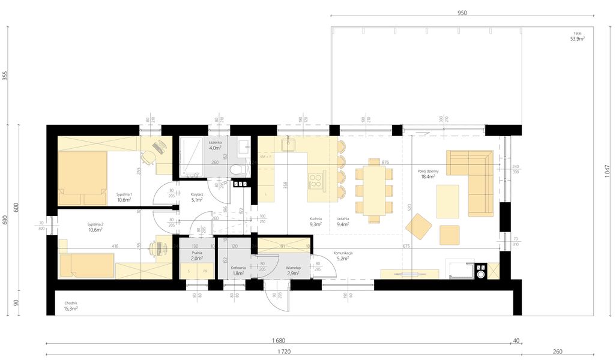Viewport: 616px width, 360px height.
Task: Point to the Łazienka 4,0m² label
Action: [215, 145]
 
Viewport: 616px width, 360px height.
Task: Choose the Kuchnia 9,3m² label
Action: [316, 222]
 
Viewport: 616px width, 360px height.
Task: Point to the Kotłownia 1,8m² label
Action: [238, 271]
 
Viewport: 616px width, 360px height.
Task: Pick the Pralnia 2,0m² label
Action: [196, 256]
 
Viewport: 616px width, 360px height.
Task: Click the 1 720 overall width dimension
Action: [284, 350]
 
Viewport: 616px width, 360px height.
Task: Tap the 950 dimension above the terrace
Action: [462, 12]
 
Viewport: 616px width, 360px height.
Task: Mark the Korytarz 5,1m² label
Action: [196, 197]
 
